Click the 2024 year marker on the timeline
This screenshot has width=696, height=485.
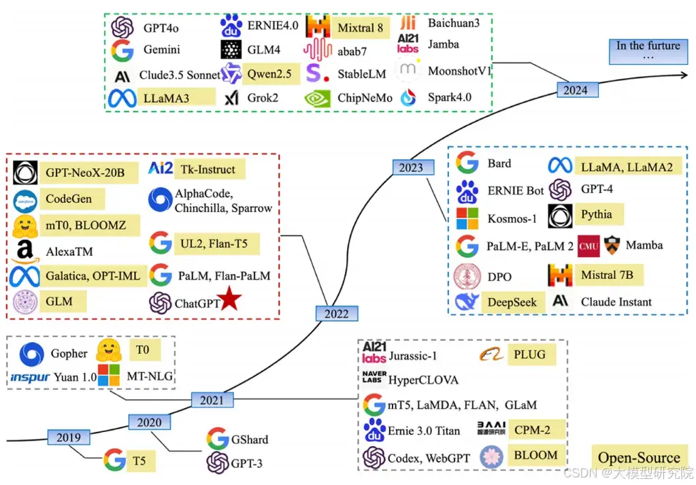point(576,89)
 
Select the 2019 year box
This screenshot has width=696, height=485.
point(69,437)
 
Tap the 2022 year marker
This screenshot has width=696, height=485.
point(336,313)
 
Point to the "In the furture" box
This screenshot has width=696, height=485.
point(648,51)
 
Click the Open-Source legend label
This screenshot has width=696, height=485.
point(639,457)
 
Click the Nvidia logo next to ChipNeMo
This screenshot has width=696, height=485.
point(317,98)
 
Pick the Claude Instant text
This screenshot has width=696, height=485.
point(616,301)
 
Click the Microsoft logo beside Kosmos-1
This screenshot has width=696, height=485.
point(467,218)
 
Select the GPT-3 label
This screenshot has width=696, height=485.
point(246,463)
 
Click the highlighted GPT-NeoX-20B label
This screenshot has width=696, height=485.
point(85,173)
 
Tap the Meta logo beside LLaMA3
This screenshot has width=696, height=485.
point(122,98)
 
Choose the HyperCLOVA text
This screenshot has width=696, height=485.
point(422,380)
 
